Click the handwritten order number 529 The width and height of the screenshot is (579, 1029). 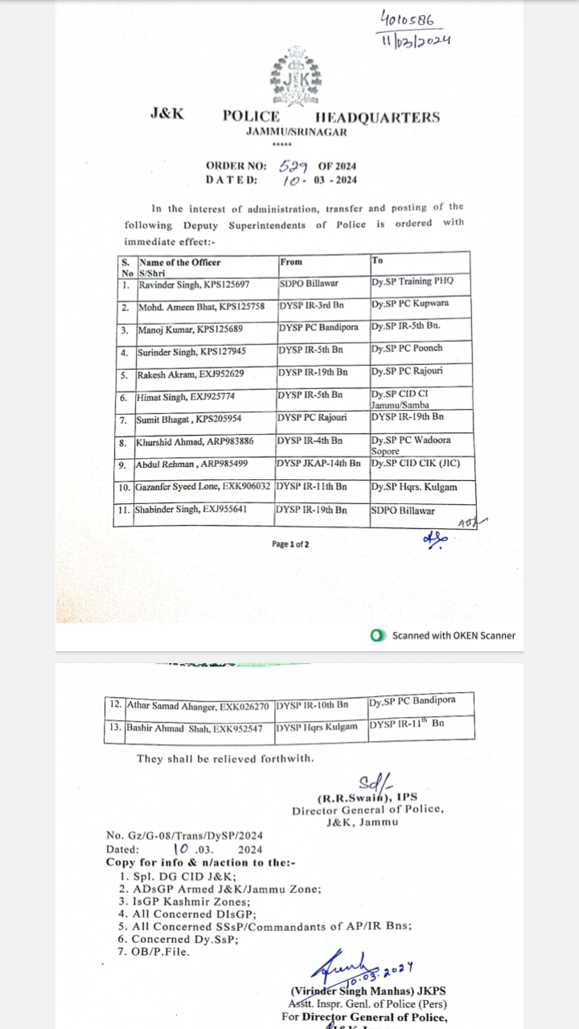pos(295,166)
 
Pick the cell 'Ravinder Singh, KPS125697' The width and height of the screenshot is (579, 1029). pos(194,285)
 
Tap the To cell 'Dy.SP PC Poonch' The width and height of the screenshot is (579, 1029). pos(407,349)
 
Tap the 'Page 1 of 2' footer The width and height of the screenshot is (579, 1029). pos(290,544)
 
